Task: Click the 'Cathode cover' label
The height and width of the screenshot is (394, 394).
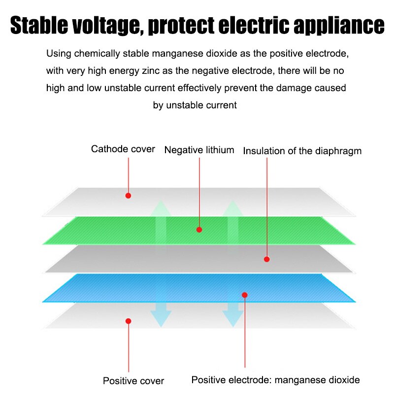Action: click(x=123, y=149)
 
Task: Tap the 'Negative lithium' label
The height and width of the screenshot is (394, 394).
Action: click(x=199, y=150)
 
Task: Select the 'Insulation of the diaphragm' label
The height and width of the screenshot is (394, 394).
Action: click(x=302, y=151)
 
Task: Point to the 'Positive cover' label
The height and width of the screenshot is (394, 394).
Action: click(x=133, y=381)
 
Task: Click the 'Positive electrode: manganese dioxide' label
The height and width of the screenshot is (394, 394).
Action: click(x=276, y=380)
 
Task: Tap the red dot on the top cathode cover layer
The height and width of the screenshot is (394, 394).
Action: click(x=128, y=196)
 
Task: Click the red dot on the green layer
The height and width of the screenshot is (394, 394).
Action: click(x=199, y=230)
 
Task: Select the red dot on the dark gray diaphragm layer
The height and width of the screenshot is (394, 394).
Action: click(x=267, y=259)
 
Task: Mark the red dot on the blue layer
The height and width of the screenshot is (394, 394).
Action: click(x=245, y=295)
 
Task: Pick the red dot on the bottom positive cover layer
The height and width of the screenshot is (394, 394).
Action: click(x=129, y=321)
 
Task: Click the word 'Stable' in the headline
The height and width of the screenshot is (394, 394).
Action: click(x=39, y=25)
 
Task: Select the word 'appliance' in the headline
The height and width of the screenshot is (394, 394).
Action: click(x=339, y=26)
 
